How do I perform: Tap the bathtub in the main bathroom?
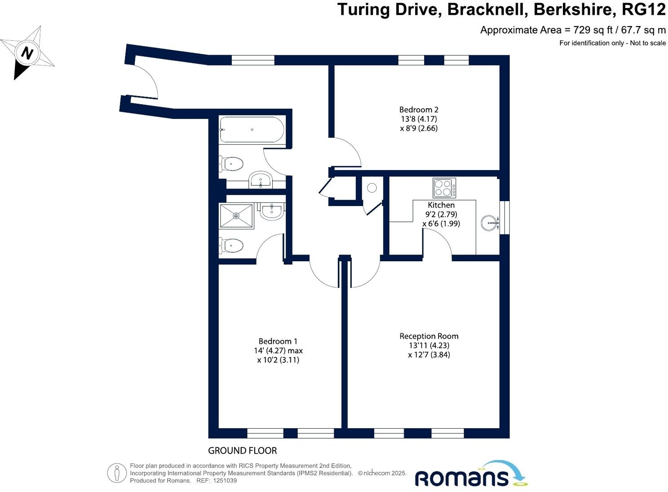pyautogui.click(x=252, y=129)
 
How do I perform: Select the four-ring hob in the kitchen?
pyautogui.click(x=444, y=188)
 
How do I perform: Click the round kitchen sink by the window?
pyautogui.click(x=490, y=223)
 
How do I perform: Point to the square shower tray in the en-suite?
pyautogui.click(x=236, y=216)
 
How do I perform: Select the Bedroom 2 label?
pyautogui.click(x=419, y=110)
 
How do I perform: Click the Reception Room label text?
pyautogui.click(x=429, y=336)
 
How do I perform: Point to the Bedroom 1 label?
pyautogui.click(x=278, y=341)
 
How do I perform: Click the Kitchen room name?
pyautogui.click(x=441, y=205)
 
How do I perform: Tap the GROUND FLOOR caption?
pyautogui.click(x=243, y=451)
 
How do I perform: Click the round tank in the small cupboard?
pyautogui.click(x=372, y=188)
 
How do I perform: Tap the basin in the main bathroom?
pyautogui.click(x=261, y=180)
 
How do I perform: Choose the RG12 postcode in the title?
pyautogui.click(x=647, y=9)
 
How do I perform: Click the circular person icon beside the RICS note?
pyautogui.click(x=117, y=473)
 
